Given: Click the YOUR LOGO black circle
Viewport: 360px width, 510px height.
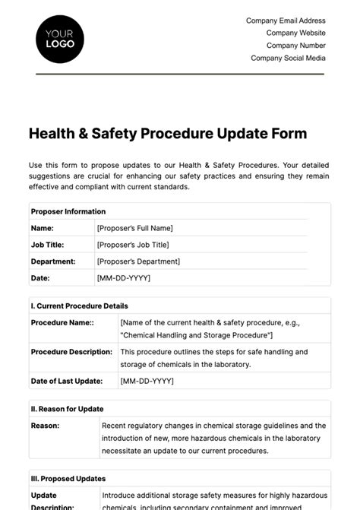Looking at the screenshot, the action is tap(60, 38).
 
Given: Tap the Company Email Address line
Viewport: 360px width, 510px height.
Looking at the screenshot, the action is tap(286, 21).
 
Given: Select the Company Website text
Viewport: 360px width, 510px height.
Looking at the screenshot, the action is tap(295, 33).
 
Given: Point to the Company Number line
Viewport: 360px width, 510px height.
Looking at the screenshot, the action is tap(295, 45).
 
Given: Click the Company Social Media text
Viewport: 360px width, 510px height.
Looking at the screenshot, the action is tap(288, 57).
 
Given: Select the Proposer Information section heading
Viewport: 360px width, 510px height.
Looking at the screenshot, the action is tap(68, 211).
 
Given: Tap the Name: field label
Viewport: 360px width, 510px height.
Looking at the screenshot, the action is tap(42, 228).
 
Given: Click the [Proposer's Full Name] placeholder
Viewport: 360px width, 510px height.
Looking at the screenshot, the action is tap(135, 228).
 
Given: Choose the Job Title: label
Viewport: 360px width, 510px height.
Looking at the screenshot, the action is tap(47, 245).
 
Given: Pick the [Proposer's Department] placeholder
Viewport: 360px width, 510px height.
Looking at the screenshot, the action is tap(138, 261).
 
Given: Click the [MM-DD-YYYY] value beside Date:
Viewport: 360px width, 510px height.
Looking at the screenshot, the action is tap(124, 278).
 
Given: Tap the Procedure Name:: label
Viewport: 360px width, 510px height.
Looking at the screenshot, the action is tap(62, 322).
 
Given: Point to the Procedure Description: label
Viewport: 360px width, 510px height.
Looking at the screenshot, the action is tap(71, 352).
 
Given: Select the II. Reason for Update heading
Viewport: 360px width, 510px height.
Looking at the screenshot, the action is tap(67, 409).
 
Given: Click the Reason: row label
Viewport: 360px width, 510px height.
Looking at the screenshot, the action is tap(46, 426).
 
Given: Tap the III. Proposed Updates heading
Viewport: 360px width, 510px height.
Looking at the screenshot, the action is tap(68, 479).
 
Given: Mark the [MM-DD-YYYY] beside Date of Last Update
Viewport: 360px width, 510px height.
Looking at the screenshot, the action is tap(147, 381).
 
